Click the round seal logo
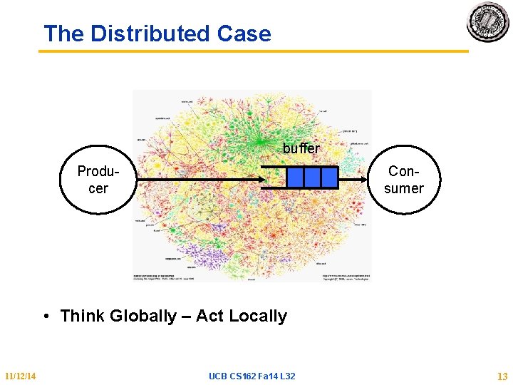(488, 22)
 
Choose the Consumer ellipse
(404, 180)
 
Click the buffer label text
(301, 149)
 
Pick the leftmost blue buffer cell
(295, 178)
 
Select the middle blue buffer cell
(312, 178)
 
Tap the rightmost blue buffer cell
(329, 178)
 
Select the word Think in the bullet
(83, 316)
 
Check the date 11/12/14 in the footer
(21, 376)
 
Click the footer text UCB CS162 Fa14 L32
(252, 376)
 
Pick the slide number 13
(502, 376)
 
